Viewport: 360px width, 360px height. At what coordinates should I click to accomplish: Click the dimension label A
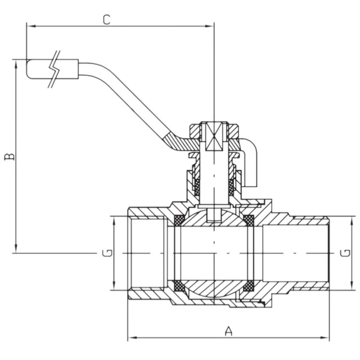228,330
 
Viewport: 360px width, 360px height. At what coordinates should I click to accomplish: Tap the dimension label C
106,19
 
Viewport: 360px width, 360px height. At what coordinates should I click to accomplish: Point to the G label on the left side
107,253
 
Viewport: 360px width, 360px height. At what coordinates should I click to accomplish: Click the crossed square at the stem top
215,137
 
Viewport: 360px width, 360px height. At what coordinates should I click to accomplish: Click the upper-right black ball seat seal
248,218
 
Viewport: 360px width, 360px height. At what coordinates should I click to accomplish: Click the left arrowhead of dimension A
132,339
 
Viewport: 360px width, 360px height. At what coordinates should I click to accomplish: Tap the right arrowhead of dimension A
326,339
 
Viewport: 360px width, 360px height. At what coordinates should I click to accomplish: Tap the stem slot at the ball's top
215,215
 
